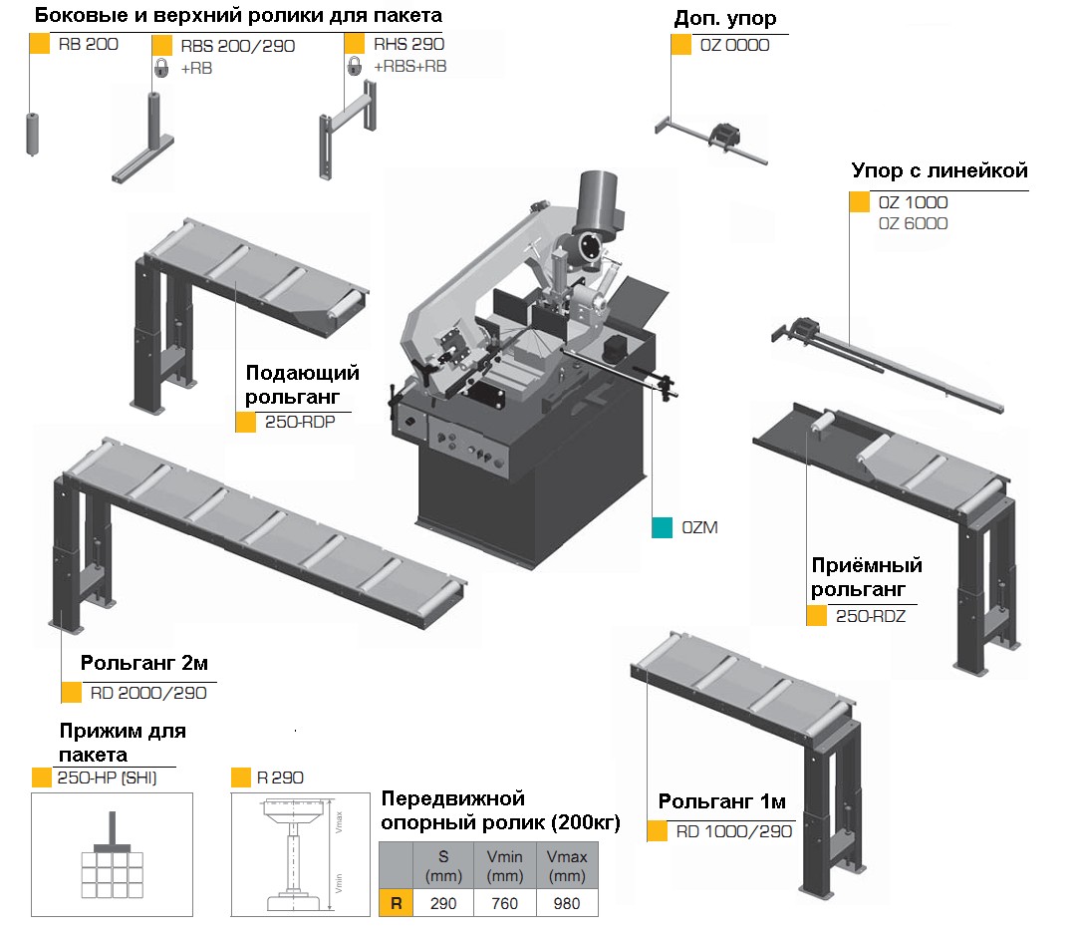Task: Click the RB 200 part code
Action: (x=89, y=44)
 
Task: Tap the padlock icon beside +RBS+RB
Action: (x=354, y=66)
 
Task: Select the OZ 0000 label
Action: (x=734, y=45)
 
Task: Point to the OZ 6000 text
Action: (x=913, y=223)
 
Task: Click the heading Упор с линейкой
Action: (x=939, y=171)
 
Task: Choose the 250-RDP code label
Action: (x=299, y=423)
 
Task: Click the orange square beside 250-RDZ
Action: (x=816, y=616)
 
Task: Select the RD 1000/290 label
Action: (x=733, y=831)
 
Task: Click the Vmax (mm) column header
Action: (x=567, y=865)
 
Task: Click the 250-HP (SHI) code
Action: (x=108, y=778)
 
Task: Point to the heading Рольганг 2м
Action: (x=144, y=663)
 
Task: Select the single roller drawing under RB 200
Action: (x=32, y=133)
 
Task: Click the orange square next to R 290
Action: (x=240, y=778)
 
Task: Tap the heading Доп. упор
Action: (x=724, y=18)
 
